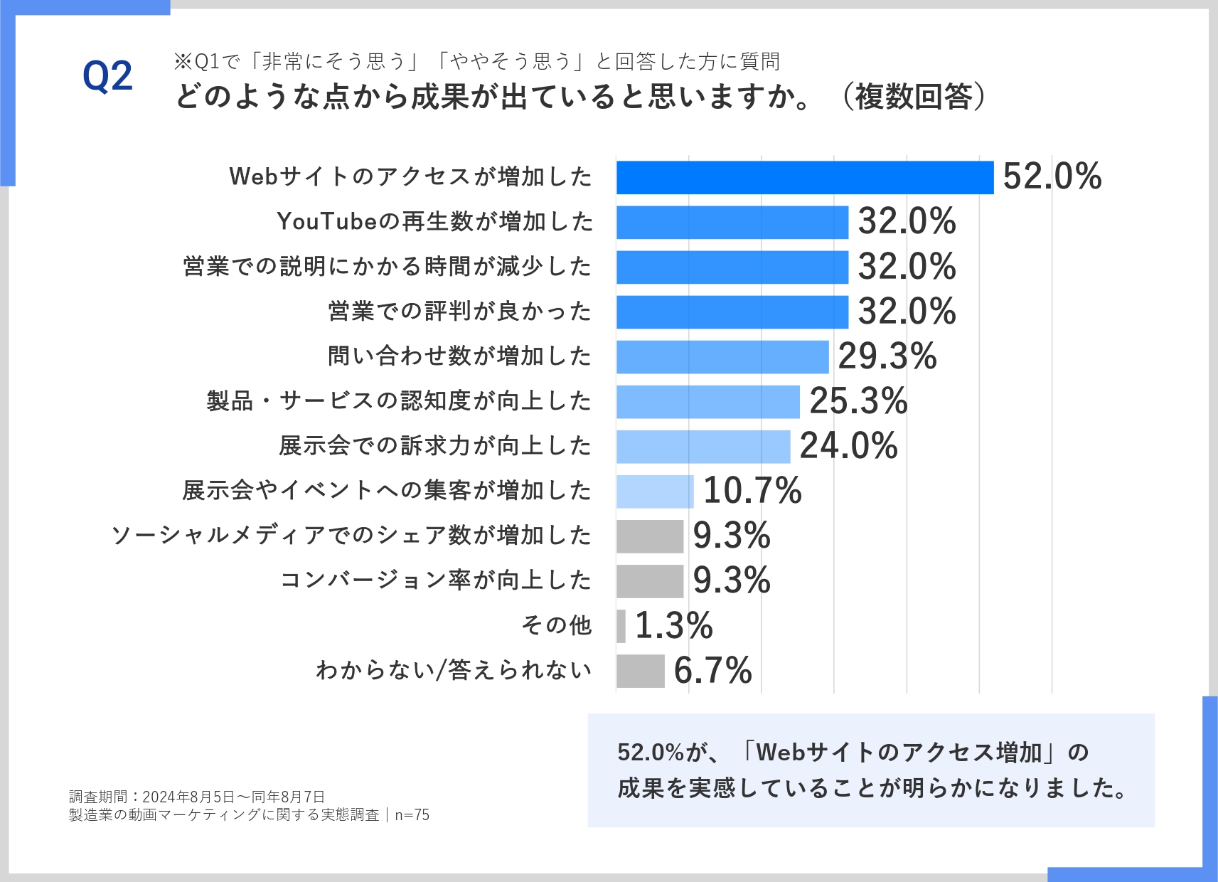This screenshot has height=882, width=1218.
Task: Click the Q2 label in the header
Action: pyautogui.click(x=107, y=77)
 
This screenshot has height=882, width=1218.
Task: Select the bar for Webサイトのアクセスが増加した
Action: pyautogui.click(x=804, y=177)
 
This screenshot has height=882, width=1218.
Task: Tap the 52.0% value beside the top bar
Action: pyautogui.click(x=1052, y=176)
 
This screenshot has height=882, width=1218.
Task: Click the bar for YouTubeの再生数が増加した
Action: pyautogui.click(x=732, y=222)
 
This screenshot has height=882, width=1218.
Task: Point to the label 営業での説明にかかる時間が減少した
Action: pyautogui.click(x=388, y=267)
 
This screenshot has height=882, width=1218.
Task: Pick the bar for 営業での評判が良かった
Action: pyautogui.click(x=732, y=312)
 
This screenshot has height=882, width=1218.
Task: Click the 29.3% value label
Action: pyautogui.click(x=887, y=356)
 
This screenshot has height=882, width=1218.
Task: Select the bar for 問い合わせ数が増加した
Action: pyautogui.click(x=722, y=356)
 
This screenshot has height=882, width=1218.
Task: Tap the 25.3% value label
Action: pyautogui.click(x=858, y=401)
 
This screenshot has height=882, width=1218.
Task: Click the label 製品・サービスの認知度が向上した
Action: pyautogui.click(x=399, y=401)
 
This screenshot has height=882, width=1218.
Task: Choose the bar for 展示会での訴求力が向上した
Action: pyautogui.click(x=703, y=446)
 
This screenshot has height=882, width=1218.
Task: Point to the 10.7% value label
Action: pyautogui.click(x=752, y=491)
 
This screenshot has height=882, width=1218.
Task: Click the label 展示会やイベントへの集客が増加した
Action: pyautogui.click(x=387, y=491)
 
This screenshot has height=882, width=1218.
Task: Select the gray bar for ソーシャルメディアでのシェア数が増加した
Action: pyautogui.click(x=649, y=536)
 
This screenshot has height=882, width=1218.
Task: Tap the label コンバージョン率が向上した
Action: pyautogui.click(x=436, y=580)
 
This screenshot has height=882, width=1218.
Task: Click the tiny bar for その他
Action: pyautogui.click(x=621, y=626)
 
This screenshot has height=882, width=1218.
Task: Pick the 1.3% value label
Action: pyautogui.click(x=673, y=626)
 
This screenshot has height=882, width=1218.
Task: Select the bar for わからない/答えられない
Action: pyautogui.click(x=640, y=671)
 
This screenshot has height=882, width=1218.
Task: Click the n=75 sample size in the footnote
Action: pyautogui.click(x=412, y=815)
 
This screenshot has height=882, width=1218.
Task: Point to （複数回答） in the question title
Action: pyautogui.click(x=914, y=97)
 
